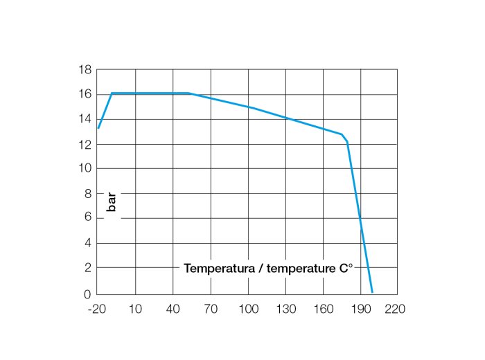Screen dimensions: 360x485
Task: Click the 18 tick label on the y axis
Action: coord(85,70)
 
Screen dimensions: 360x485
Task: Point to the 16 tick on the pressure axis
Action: coord(85,94)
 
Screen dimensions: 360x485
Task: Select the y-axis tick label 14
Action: coord(85,119)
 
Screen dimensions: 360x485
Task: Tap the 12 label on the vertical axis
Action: coord(85,144)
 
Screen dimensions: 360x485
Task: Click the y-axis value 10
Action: coord(85,168)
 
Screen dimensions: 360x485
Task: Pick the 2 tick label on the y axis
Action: coord(88,267)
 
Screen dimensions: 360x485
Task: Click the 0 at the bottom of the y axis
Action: coord(88,294)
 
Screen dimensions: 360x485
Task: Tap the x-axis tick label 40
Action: coord(173,308)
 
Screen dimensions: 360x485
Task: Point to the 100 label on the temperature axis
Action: coord(248,308)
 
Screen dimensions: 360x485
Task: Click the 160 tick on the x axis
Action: coord(323,308)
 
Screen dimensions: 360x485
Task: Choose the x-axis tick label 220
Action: coord(395,308)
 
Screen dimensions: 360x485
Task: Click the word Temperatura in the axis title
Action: coord(219,269)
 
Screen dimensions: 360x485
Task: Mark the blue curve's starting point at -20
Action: coord(98,127)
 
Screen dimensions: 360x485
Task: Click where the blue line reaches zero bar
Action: coord(372,291)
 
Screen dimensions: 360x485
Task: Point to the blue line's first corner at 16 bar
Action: coord(112,93)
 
